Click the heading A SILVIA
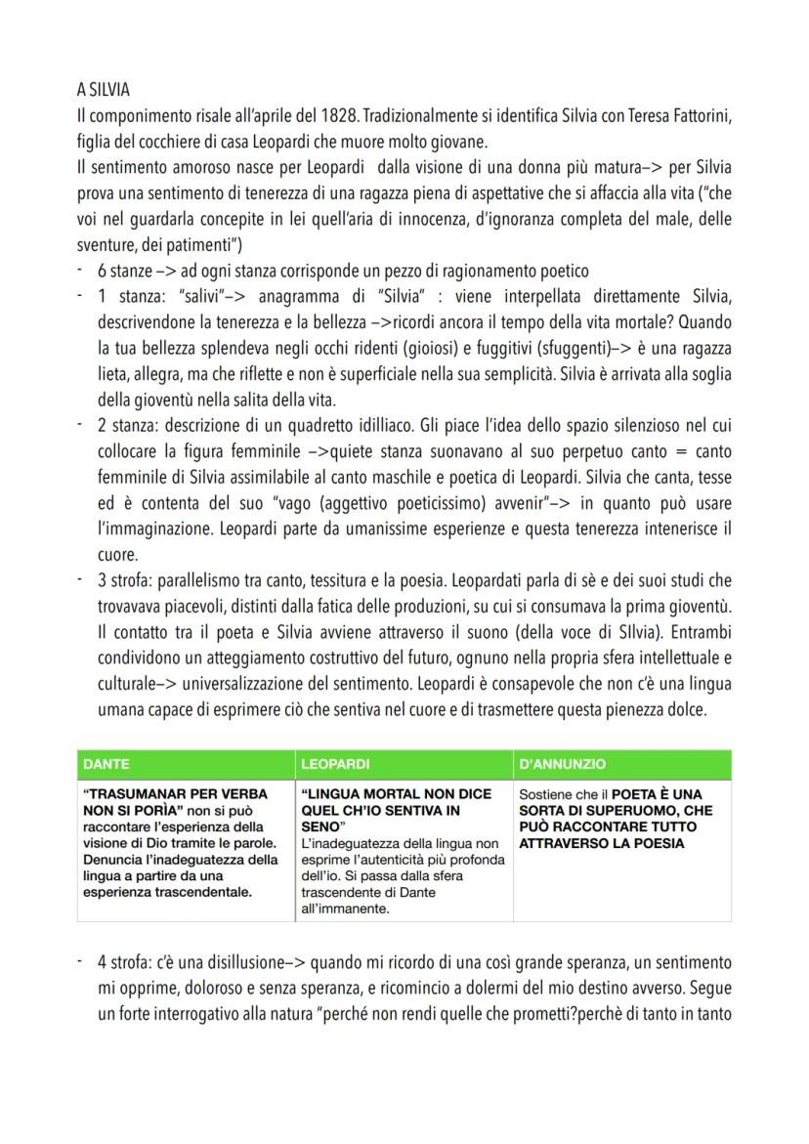[x=105, y=90]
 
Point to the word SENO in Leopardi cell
[x=322, y=826]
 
